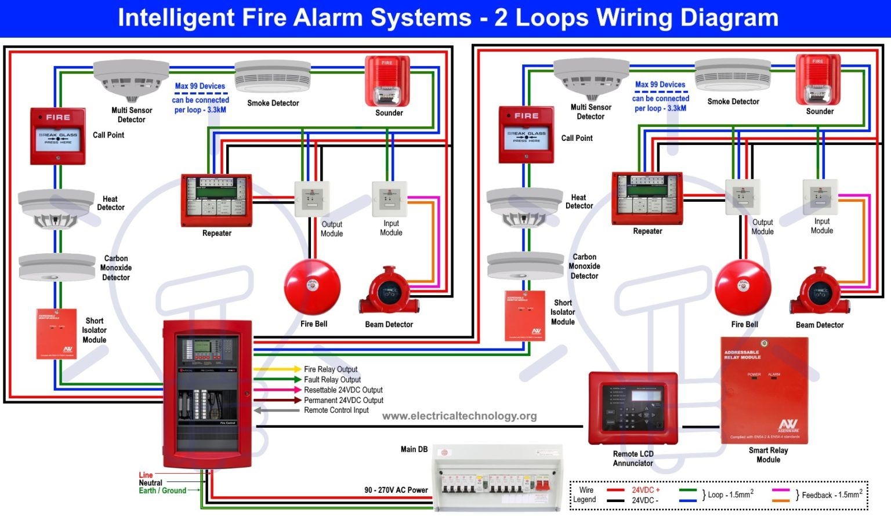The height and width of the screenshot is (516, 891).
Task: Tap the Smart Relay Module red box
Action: tap(764, 390)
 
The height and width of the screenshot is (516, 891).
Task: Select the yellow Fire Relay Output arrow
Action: tap(277, 369)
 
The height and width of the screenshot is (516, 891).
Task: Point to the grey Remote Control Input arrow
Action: tap(277, 410)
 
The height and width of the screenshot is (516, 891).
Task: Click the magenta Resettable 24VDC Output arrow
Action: tap(277, 390)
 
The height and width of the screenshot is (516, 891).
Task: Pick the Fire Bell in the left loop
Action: tap(312, 287)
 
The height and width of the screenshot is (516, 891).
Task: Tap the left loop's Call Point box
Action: tap(58, 136)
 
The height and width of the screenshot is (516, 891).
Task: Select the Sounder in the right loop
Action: tap(818, 80)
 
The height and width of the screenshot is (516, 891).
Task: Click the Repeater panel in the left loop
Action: tap(216, 200)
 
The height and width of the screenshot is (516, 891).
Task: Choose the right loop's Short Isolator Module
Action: tap(524, 315)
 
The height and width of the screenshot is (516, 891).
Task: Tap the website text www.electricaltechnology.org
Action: tap(459, 416)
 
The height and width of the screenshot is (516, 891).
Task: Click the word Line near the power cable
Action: tap(146, 475)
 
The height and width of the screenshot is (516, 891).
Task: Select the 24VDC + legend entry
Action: tap(646, 490)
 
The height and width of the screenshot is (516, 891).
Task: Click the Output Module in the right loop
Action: tap(742, 197)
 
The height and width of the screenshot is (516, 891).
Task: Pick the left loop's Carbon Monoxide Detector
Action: tap(57, 267)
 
